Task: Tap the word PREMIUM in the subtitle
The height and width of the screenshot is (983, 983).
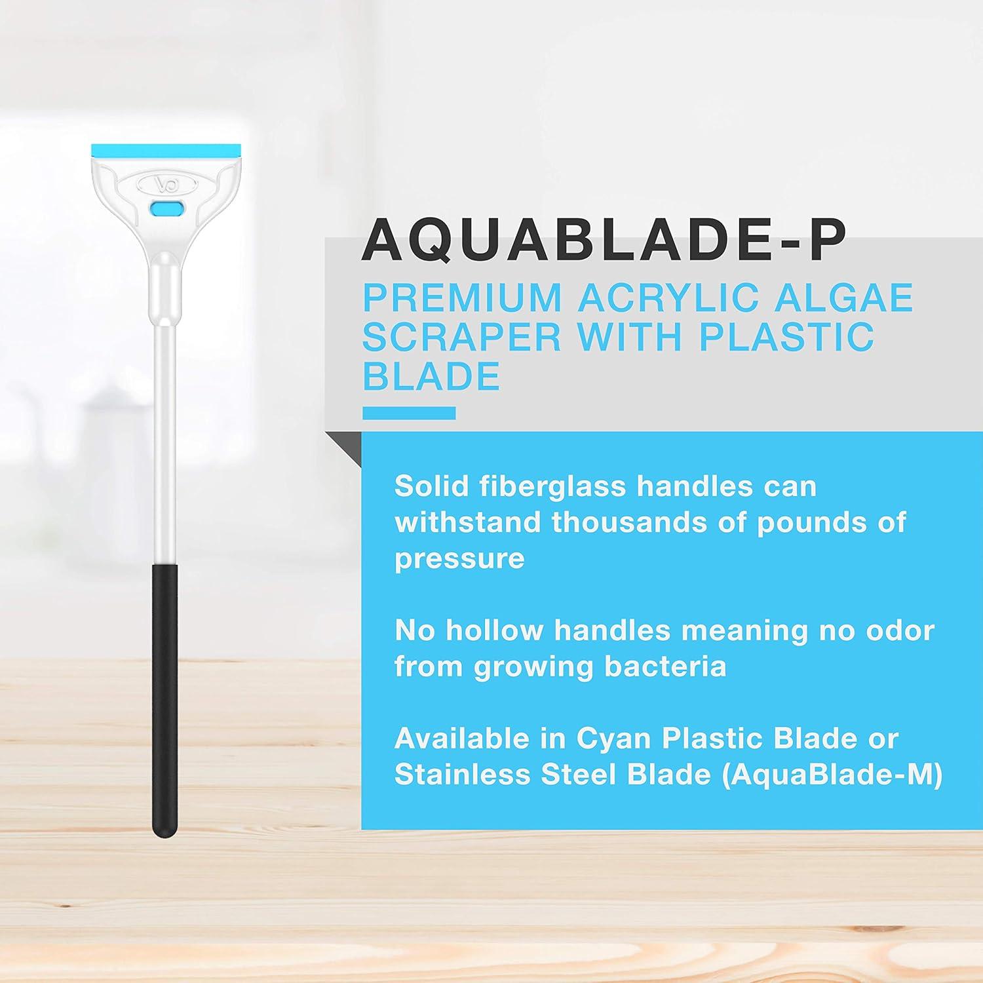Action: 462,298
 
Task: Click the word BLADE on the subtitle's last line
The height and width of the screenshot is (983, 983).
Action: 431,376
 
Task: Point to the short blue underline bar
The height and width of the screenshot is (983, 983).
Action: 409,413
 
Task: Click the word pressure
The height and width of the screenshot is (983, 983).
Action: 459,559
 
